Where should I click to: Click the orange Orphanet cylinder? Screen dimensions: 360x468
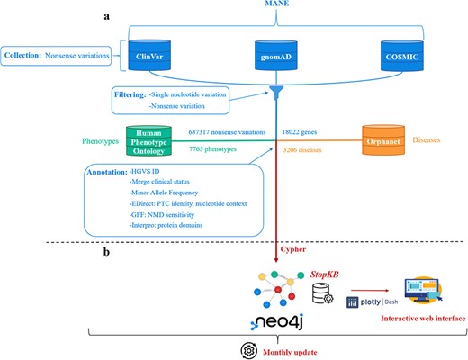[362, 139]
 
